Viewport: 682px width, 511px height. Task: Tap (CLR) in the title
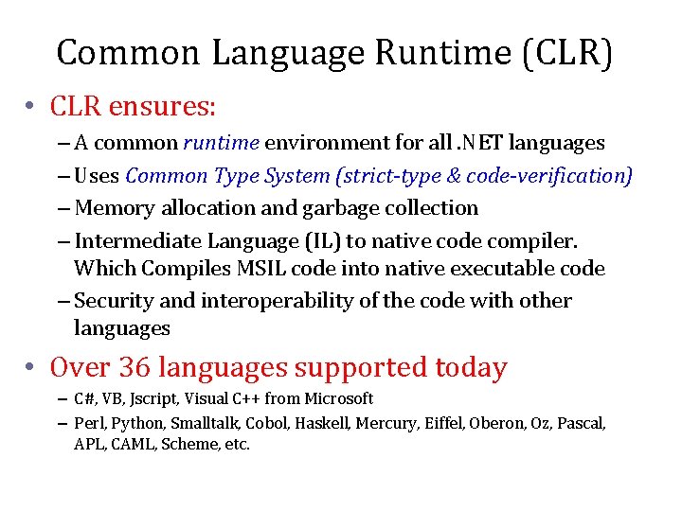(x=565, y=52)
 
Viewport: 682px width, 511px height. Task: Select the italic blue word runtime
(x=221, y=143)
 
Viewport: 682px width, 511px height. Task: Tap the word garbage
(x=345, y=207)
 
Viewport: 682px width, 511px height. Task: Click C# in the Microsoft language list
(x=84, y=398)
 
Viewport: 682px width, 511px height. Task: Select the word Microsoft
(x=336, y=398)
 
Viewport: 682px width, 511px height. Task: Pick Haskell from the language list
(x=321, y=424)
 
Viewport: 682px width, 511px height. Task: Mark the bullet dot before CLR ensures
(x=31, y=108)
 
